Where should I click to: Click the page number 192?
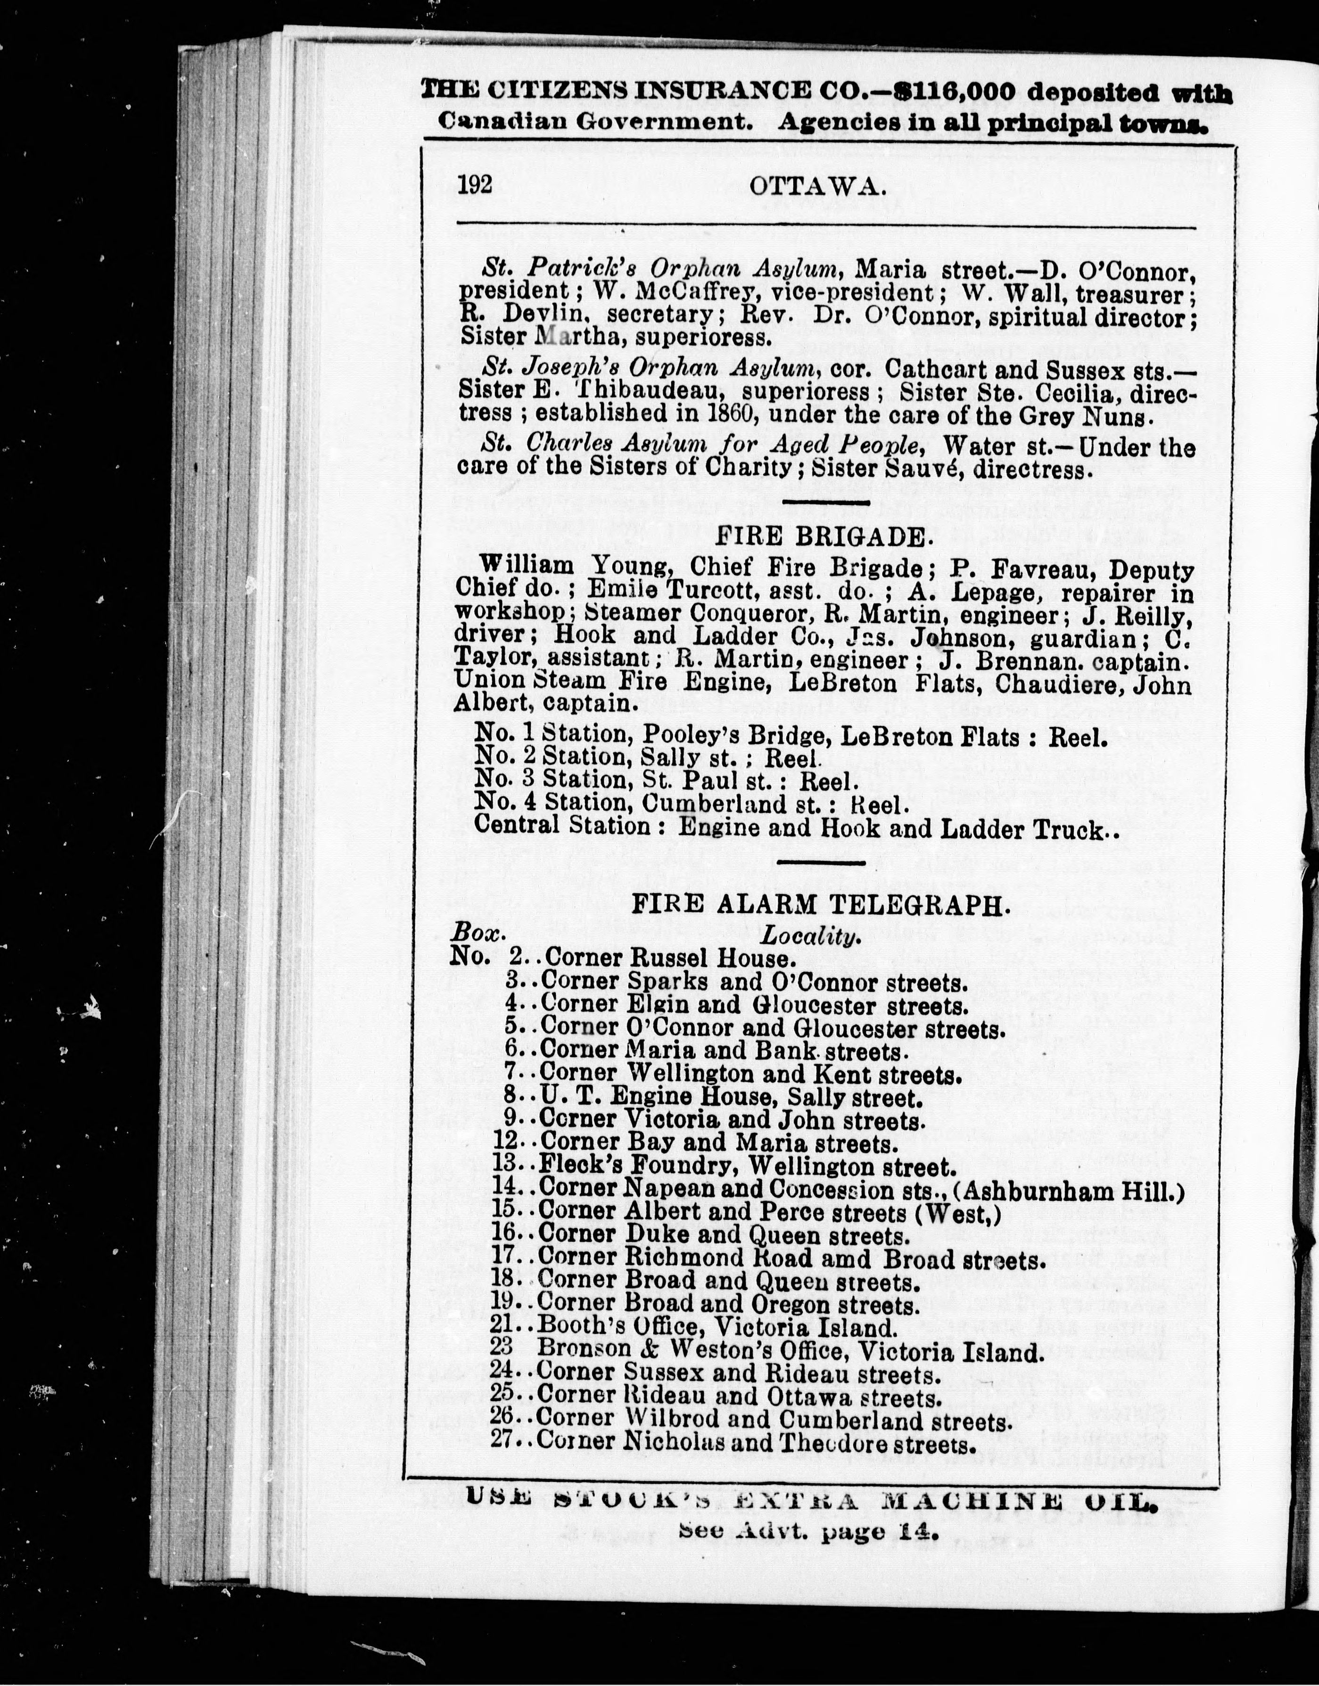[x=475, y=186]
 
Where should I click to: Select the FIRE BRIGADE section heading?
[x=822, y=536]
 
